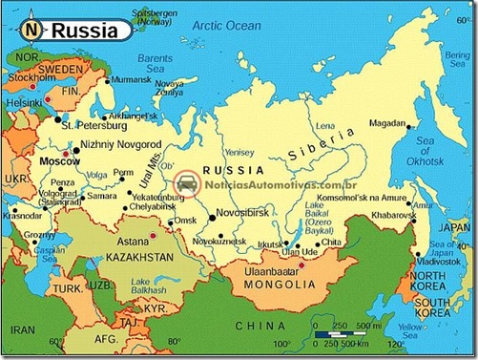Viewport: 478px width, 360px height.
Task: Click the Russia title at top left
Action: pos(85,31)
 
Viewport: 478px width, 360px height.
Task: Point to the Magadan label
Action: pos(388,121)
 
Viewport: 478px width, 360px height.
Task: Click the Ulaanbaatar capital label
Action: pos(281,272)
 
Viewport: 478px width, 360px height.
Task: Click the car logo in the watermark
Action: pos(185,183)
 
